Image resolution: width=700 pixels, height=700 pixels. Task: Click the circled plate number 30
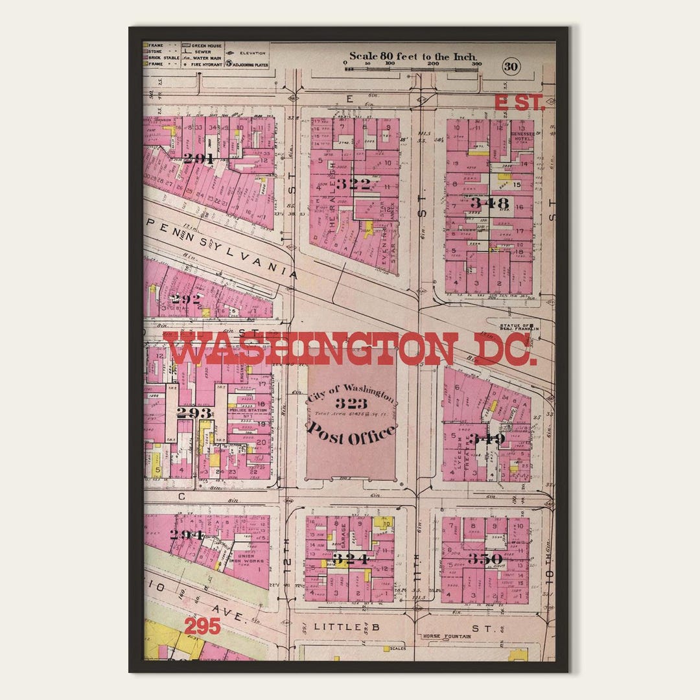click(511, 67)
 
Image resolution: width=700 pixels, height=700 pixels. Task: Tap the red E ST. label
click(519, 103)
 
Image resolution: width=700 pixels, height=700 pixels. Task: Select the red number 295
click(202, 626)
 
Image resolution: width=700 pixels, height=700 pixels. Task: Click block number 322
click(353, 184)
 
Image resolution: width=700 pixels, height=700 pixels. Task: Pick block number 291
click(198, 158)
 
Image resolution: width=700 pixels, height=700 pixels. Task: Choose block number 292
click(185, 299)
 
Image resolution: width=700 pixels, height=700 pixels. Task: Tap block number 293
click(194, 413)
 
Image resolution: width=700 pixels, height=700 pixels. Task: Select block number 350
click(485, 559)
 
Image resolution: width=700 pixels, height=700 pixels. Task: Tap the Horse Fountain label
click(447, 636)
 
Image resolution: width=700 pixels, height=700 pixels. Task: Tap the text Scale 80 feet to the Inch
click(414, 56)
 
